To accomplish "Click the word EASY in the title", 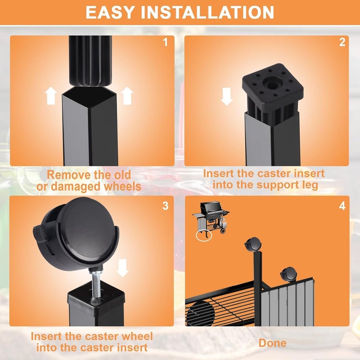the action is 110,12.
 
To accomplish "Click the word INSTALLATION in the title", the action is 207,12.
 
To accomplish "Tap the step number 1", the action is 165,42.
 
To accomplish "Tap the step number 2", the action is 342,42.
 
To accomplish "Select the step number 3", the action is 165,206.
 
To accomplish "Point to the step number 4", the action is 342,206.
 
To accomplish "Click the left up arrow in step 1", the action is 51,96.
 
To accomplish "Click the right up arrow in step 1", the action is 127,96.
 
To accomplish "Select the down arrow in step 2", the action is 227,97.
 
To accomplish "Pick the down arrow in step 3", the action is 122,268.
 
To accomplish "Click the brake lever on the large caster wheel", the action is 40,233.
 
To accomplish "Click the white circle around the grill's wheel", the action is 204,235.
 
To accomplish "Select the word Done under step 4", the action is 273,343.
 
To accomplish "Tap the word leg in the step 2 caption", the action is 310,185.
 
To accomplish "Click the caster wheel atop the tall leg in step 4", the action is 253,244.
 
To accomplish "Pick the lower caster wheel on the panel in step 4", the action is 288,274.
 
